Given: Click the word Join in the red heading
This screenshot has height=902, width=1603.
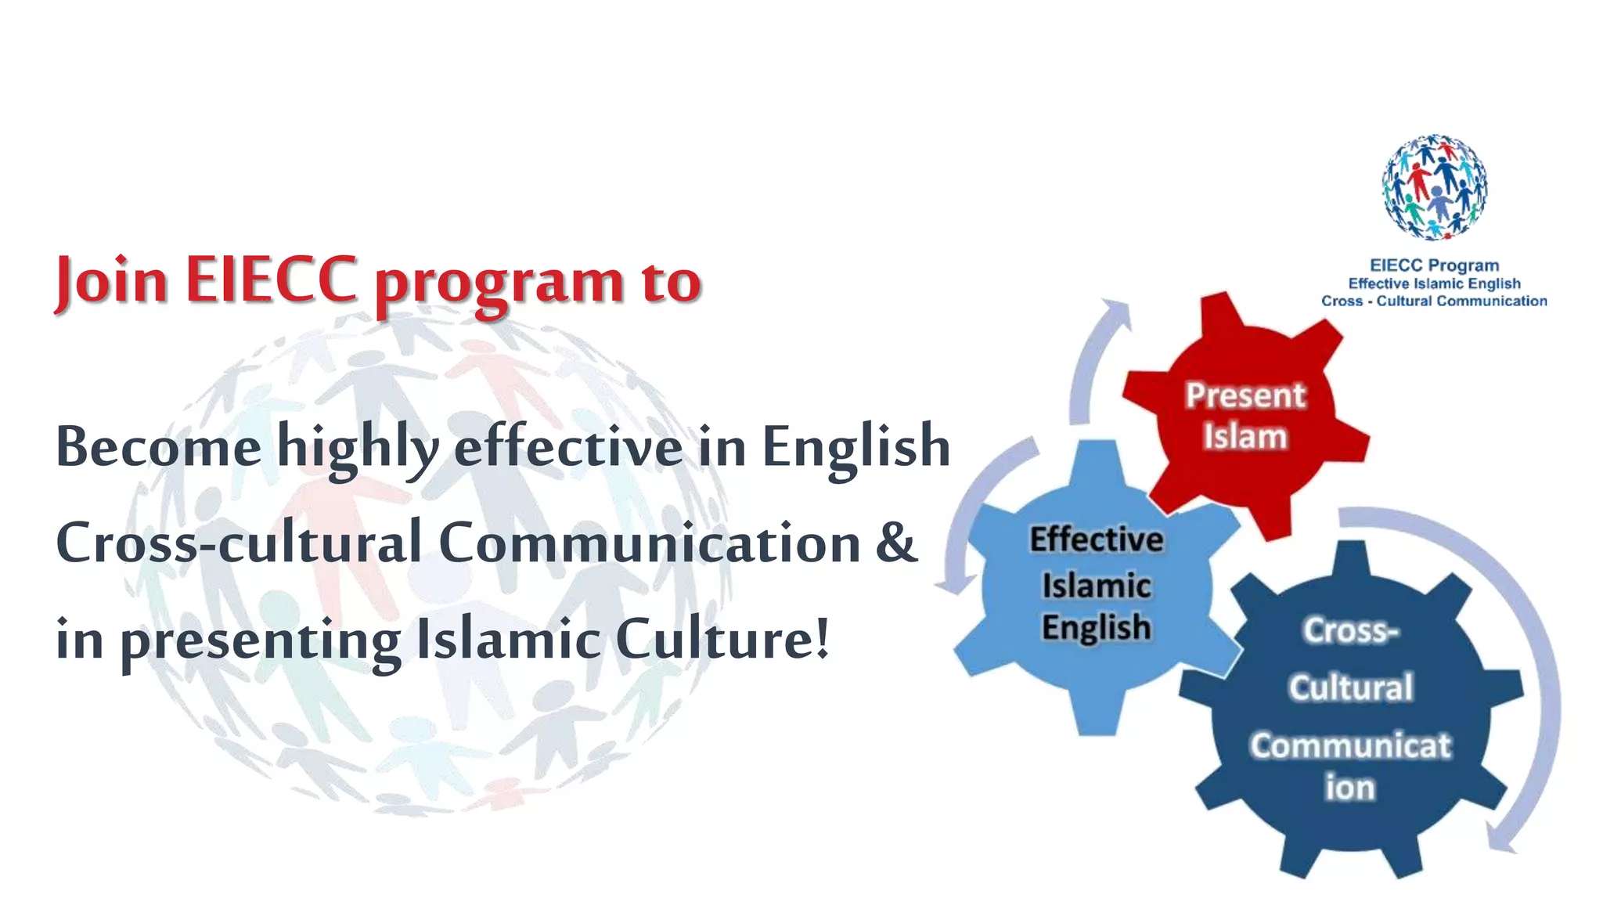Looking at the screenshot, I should tap(110, 280).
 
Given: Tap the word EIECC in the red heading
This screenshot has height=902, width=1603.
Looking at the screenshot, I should tap(272, 280).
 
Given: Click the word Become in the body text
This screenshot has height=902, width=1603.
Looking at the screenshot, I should tap(158, 447).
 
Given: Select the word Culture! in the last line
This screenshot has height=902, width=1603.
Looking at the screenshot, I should tap(722, 639).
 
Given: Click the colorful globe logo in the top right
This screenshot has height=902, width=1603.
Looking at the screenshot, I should tap(1434, 188).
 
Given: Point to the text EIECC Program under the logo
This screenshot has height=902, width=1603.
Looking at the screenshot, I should tap(1434, 265).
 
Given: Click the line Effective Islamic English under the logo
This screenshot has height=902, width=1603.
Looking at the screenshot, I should tap(1434, 283).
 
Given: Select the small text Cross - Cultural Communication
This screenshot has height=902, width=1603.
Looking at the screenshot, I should tap(1434, 301).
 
